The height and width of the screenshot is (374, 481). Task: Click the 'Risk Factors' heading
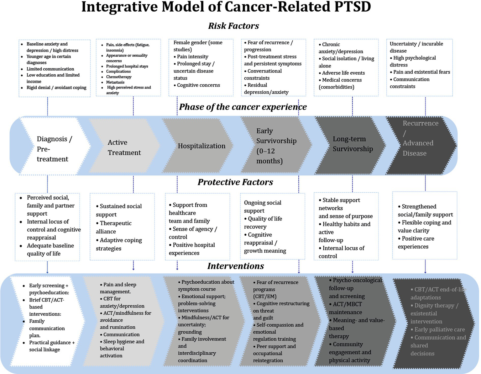click(x=233, y=26)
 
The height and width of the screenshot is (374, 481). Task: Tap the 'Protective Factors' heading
click(x=235, y=182)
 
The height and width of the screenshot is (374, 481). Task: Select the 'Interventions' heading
click(x=235, y=266)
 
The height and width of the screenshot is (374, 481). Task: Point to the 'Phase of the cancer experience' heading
click(x=243, y=107)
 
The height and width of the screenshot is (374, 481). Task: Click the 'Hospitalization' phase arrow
click(x=201, y=146)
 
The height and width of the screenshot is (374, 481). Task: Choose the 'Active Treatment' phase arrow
click(x=124, y=147)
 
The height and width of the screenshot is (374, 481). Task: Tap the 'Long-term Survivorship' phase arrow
click(x=353, y=144)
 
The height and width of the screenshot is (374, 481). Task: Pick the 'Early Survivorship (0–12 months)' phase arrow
click(x=276, y=146)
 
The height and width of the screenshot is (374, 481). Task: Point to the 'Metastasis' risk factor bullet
click(x=115, y=82)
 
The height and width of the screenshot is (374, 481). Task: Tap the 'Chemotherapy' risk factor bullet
click(x=119, y=77)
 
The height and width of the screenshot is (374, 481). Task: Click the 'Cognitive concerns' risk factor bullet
click(x=198, y=85)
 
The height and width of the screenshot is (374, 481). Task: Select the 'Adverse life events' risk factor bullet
click(x=343, y=73)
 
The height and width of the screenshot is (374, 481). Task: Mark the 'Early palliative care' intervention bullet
click(x=439, y=329)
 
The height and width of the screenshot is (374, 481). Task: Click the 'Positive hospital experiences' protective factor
click(x=193, y=249)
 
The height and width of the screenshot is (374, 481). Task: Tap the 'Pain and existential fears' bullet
click(x=421, y=72)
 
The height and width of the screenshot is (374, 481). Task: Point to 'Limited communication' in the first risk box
click(x=50, y=69)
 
